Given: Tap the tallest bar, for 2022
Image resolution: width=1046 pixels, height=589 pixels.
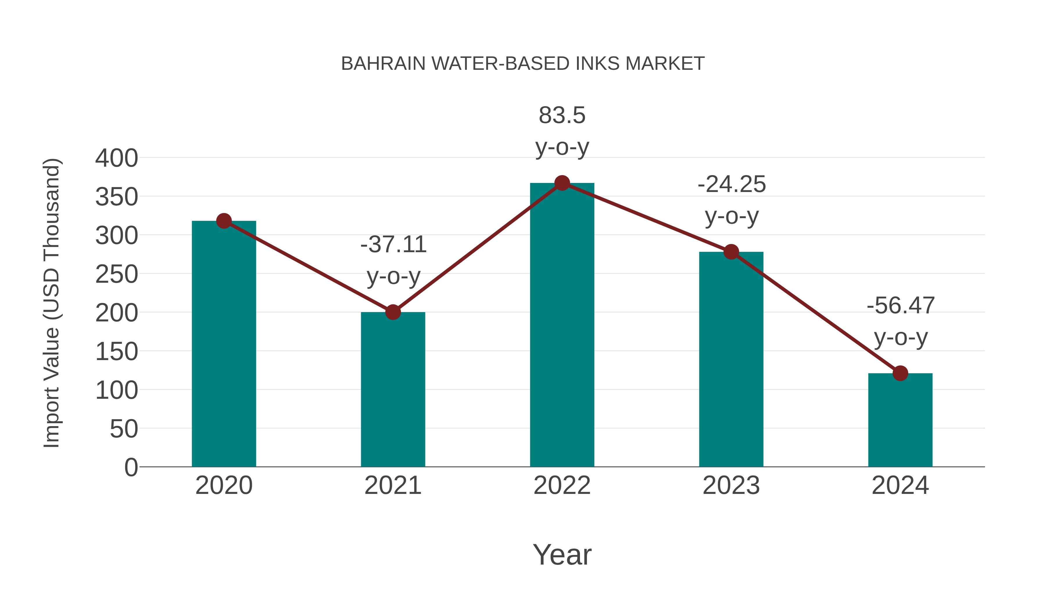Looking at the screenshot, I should click(562, 325).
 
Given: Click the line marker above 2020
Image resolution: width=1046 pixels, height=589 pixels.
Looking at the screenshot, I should click(224, 221).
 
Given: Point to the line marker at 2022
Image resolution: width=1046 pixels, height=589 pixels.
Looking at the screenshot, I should click(562, 183).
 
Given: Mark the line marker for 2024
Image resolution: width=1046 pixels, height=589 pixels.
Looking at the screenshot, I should click(900, 373).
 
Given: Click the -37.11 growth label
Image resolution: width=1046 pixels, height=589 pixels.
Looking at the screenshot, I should click(393, 245).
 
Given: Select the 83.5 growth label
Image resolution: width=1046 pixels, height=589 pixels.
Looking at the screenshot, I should click(562, 115).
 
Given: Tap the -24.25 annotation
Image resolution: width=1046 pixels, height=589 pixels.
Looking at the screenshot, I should click(731, 184).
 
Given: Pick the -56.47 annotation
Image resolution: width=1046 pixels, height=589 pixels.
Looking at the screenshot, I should click(901, 306).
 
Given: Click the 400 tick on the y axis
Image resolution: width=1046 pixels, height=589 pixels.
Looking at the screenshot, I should click(117, 158).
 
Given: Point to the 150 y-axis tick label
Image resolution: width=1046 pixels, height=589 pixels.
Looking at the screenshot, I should click(117, 352).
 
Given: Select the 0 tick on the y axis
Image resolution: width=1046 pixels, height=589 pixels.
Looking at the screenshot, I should click(131, 467).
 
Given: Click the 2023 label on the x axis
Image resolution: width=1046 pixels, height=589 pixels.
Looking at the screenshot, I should click(731, 485).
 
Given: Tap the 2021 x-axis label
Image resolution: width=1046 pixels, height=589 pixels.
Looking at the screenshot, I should click(393, 485).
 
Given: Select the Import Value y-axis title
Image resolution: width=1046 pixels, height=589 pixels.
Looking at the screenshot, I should click(52, 303).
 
